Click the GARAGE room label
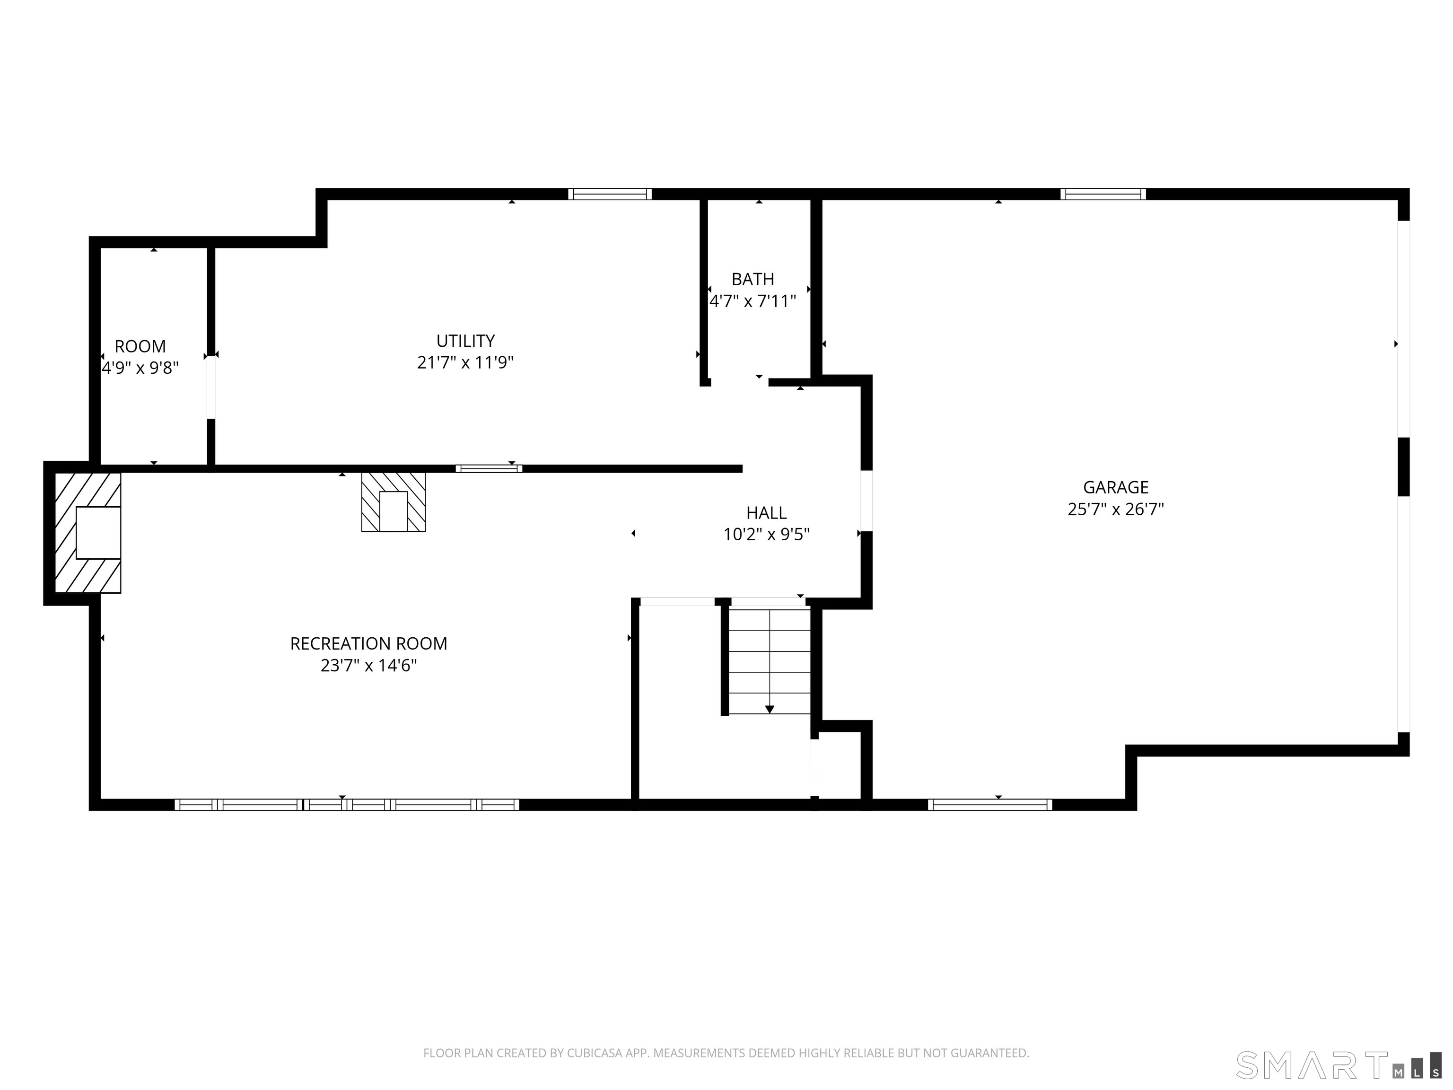click(x=1115, y=487)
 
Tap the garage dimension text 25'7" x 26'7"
click(x=1115, y=509)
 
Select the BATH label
click(x=753, y=279)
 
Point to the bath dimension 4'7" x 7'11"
click(x=753, y=301)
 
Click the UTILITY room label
click(x=466, y=341)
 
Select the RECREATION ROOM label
click(x=368, y=644)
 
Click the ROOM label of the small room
click(x=140, y=346)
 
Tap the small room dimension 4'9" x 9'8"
click(x=140, y=368)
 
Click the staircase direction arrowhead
click(x=769, y=710)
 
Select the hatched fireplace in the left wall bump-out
click(x=88, y=533)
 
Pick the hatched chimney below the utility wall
click(x=394, y=502)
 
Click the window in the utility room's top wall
click(x=610, y=194)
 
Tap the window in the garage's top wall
click(x=1103, y=194)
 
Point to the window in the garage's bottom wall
click(x=990, y=805)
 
